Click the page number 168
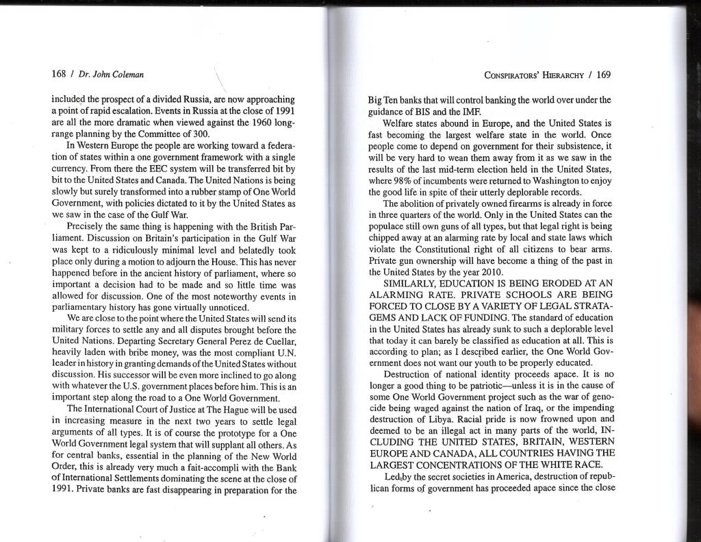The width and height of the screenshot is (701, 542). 59,74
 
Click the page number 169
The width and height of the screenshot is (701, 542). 603,74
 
